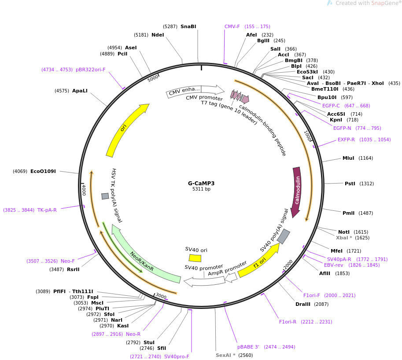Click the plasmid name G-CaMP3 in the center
(201, 184)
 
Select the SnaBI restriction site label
(188, 26)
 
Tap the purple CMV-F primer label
(232, 26)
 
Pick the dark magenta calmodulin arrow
(297, 191)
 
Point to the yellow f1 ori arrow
(260, 262)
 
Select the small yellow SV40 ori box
(195, 258)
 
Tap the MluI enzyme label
(348, 158)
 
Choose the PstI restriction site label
(350, 184)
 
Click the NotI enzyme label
(343, 232)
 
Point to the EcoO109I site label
(43, 171)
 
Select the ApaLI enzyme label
(80, 91)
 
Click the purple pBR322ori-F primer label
(90, 70)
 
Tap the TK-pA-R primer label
(47, 210)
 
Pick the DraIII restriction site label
(303, 304)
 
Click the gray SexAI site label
(225, 355)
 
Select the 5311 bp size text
(201, 189)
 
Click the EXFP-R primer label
(346, 140)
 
